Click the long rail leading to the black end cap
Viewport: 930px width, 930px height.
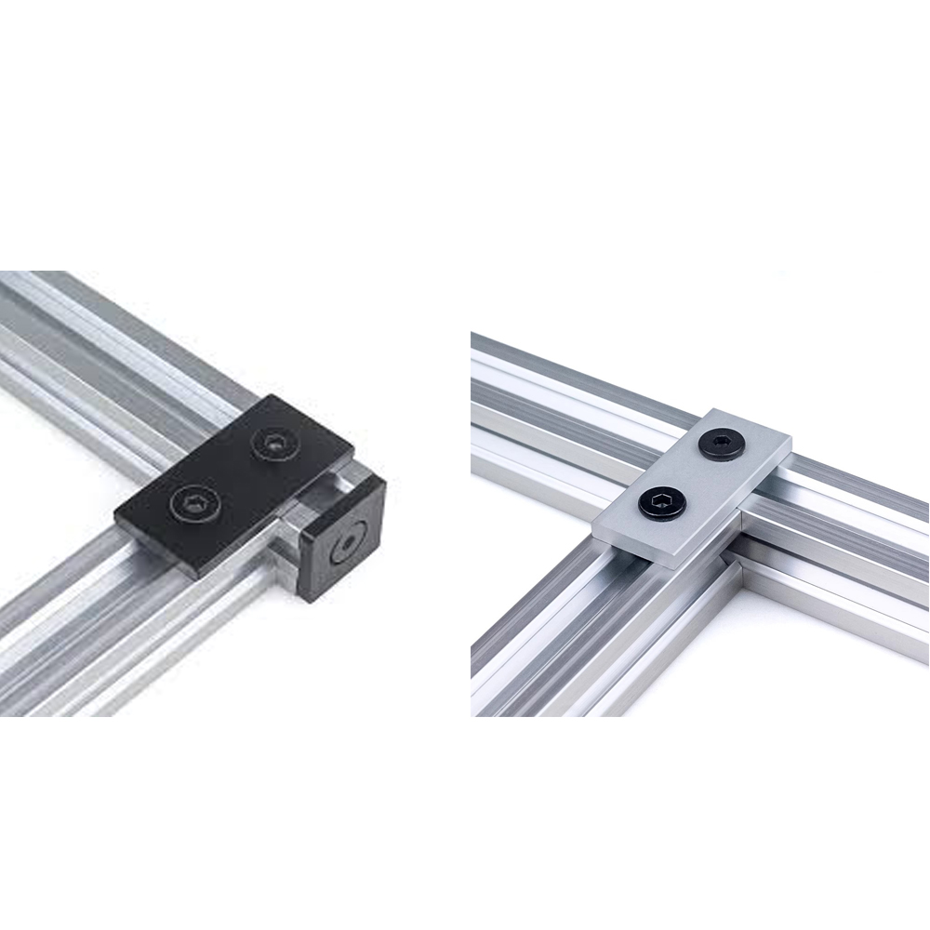pyautogui.click(x=121, y=353)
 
